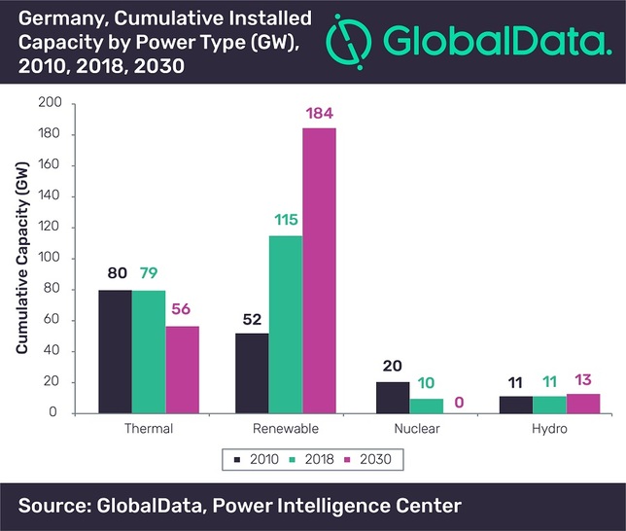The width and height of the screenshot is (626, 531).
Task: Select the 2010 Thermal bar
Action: [115, 351]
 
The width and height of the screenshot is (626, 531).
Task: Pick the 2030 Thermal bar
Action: [182, 370]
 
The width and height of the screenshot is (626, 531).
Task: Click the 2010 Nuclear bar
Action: [392, 397]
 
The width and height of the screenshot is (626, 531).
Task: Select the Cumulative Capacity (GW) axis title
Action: [22, 259]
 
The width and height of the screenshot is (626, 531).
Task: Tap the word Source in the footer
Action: [51, 506]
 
